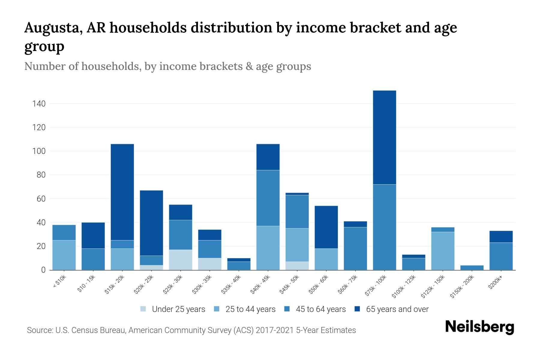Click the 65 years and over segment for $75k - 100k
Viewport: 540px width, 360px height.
pos(384,137)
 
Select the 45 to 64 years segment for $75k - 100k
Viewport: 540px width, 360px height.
pos(384,227)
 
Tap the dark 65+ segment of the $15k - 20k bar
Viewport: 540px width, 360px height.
pos(122,192)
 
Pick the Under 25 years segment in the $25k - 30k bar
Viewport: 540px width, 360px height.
pos(181,260)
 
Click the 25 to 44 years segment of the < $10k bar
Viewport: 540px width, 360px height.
pos(64,255)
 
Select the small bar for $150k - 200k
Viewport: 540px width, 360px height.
pos(472,268)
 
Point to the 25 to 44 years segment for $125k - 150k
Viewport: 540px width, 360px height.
pos(443,251)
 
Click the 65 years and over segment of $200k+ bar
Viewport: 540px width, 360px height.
pos(501,237)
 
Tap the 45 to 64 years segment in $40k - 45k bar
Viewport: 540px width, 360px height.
pos(268,198)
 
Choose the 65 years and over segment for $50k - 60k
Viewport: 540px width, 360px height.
pos(326,227)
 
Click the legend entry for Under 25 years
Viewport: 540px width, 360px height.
pos(173,309)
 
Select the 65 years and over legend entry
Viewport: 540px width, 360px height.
pos(391,309)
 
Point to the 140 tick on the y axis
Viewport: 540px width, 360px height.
pos(39,104)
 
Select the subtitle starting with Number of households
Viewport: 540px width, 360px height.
pos(167,66)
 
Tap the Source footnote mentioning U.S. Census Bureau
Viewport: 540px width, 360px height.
pos(191,330)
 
